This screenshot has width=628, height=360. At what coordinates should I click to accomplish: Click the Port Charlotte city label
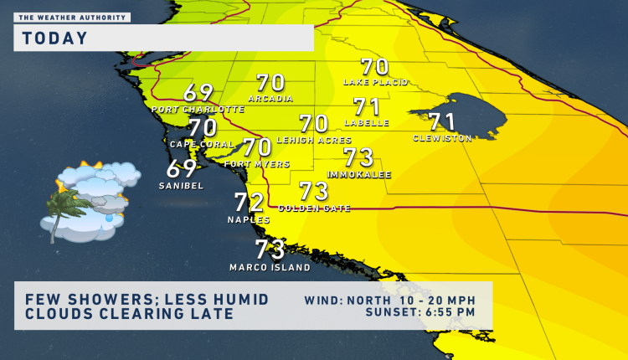pyautogui.click(x=198, y=110)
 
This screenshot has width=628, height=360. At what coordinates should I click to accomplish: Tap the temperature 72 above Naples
pyautogui.click(x=249, y=203)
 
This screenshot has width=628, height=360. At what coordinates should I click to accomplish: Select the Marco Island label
pyautogui.click(x=270, y=268)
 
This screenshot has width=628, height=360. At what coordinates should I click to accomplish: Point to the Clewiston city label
pyautogui.click(x=442, y=138)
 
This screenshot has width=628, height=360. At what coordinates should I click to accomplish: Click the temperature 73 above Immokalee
pyautogui.click(x=358, y=157)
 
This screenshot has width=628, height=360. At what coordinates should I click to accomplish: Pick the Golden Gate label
pyautogui.click(x=314, y=208)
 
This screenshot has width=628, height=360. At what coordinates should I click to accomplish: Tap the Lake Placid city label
pyautogui.click(x=375, y=82)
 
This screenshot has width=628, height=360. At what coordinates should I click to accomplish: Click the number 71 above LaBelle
pyautogui.click(x=367, y=107)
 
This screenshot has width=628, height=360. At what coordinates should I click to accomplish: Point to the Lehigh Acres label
pyautogui.click(x=314, y=140)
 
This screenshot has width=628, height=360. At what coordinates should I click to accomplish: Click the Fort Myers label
pyautogui.click(x=257, y=164)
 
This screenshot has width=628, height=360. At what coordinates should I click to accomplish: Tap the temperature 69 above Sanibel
pyautogui.click(x=182, y=168)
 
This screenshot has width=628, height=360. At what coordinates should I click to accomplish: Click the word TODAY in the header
pyautogui.click(x=55, y=38)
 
